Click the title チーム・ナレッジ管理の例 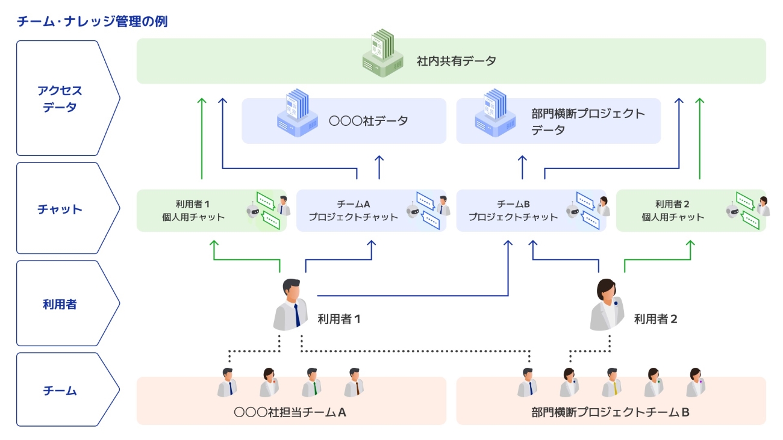[x=92, y=22]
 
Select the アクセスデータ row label [x=60, y=99]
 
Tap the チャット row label [x=60, y=209]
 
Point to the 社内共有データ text [x=456, y=61]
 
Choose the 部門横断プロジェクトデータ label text [x=588, y=122]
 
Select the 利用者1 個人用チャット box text [x=193, y=211]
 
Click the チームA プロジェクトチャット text [x=353, y=211]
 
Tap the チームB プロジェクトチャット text [x=513, y=211]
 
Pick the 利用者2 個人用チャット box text [x=673, y=211]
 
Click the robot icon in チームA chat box [x=413, y=210]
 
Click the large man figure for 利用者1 [x=290, y=304]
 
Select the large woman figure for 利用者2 [x=607, y=304]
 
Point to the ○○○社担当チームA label [x=290, y=412]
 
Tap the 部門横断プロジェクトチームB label [x=610, y=412]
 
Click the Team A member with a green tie [x=311, y=382]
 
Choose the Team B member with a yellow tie [x=611, y=382]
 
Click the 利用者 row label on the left [x=60, y=305]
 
